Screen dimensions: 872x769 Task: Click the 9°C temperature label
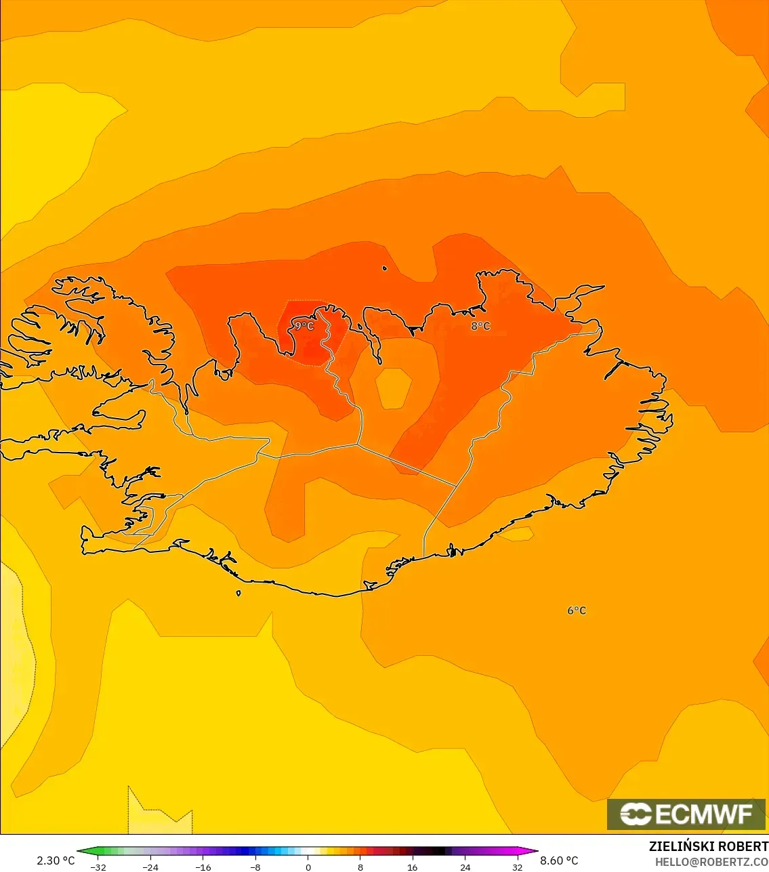303,326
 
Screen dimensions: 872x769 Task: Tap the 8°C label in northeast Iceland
480,326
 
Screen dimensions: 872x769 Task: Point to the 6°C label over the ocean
577,610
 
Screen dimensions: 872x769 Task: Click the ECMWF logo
686,814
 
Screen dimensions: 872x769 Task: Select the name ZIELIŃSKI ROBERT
708,846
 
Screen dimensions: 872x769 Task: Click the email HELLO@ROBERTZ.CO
711,861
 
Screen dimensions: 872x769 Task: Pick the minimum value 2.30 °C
56,860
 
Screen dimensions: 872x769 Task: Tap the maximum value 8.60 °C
559,860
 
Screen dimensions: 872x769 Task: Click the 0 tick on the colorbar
308,867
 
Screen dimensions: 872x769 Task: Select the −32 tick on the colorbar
98,867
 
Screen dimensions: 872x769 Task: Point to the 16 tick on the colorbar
413,867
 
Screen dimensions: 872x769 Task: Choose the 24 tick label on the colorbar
465,867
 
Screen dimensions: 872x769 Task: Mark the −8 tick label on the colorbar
255,867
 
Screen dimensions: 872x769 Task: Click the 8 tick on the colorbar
360,867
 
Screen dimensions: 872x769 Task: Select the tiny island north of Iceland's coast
385,268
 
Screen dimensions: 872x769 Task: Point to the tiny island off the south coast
238,593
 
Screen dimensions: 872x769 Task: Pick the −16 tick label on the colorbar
203,867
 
